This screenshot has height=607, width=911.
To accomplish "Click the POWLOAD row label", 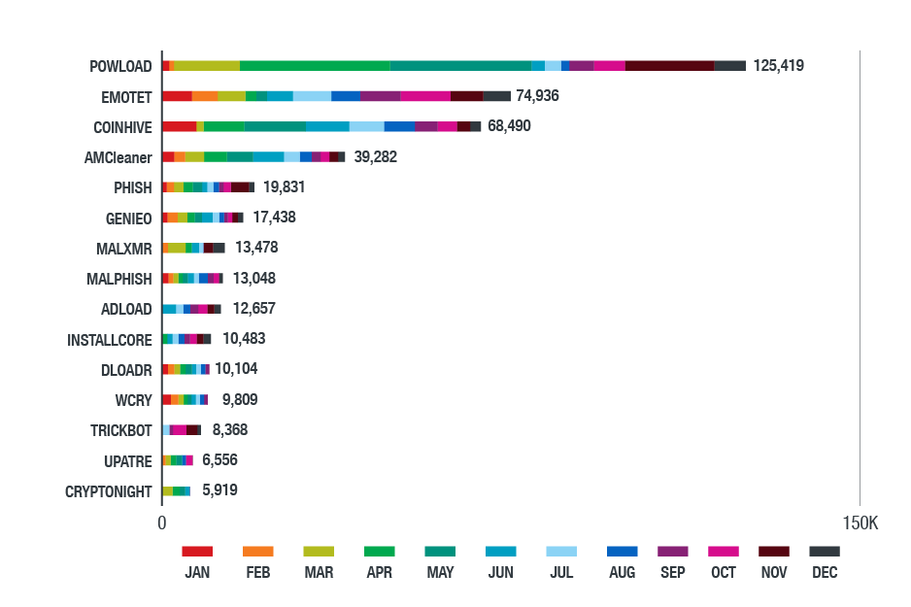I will pos(120,66).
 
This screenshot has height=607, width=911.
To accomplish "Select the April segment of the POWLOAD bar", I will pos(315,66).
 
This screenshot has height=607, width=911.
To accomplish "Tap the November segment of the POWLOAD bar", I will pos(669,66).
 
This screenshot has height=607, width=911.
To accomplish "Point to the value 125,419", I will pos(778,66).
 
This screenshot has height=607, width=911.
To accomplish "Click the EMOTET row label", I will pos(126,96).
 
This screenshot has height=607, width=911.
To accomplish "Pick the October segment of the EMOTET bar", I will pos(424,96).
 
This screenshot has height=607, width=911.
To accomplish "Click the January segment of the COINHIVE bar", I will pos(179,126).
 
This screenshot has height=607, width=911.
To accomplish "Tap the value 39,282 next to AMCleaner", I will pos(375,156).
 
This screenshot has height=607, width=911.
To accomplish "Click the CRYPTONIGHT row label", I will pos(109,491).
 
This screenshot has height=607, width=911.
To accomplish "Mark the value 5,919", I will pos(219,490).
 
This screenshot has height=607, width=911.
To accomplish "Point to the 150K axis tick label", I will pos(860,523).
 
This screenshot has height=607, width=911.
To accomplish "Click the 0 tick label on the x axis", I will pos(162,523).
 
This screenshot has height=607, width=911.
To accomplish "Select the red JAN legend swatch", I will pos(197,551).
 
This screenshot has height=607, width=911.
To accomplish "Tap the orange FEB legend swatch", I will pos(257,551).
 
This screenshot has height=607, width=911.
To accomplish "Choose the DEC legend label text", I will pos(825,573).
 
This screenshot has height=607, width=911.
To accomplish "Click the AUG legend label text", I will pos(622,573).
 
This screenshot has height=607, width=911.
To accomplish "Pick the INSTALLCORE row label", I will pos(110,340).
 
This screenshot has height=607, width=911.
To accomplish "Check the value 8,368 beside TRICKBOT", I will pos(232,429).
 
